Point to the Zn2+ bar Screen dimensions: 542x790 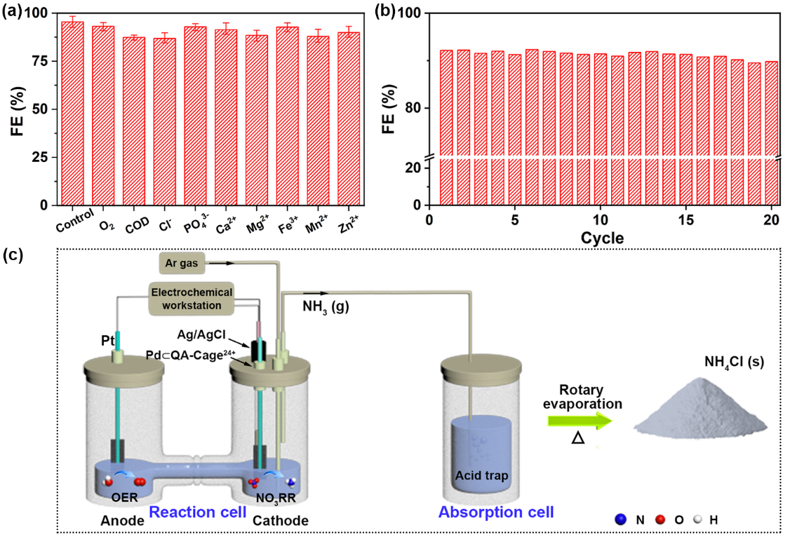click(349, 118)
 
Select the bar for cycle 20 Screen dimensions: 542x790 click(772, 133)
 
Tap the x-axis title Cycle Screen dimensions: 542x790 click(602, 238)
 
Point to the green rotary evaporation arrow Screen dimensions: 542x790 click(580, 421)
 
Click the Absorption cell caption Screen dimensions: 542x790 click(496, 512)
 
